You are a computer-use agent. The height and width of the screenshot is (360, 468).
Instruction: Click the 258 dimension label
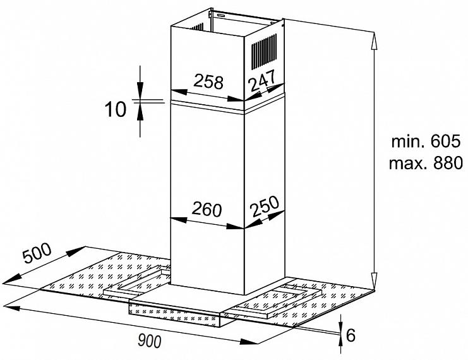(x=208, y=82)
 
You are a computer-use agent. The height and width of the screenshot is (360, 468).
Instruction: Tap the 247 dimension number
(x=263, y=80)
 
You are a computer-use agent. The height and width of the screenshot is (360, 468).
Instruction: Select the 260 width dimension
(x=207, y=209)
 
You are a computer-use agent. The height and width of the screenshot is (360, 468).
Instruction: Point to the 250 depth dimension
(x=265, y=207)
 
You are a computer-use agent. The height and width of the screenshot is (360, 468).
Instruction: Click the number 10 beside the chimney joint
(x=116, y=109)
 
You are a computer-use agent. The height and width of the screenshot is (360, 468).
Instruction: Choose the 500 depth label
(x=37, y=253)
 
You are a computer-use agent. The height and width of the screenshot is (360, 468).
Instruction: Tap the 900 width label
(x=150, y=340)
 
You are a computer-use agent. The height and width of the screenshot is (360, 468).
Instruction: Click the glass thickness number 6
(x=351, y=335)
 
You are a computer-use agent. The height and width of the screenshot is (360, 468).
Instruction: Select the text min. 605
(x=426, y=141)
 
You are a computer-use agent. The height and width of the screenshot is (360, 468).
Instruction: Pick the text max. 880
(x=426, y=164)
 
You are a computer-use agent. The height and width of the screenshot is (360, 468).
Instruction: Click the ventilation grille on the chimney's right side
(x=264, y=51)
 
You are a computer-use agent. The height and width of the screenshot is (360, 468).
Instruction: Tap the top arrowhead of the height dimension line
(x=374, y=40)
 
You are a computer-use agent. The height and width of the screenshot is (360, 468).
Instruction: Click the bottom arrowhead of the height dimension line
(x=374, y=281)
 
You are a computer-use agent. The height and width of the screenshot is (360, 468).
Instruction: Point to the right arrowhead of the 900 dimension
(x=248, y=342)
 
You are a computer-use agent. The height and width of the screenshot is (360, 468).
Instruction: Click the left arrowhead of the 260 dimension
(x=179, y=220)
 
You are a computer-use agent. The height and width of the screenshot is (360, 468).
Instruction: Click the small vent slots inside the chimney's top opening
(x=197, y=27)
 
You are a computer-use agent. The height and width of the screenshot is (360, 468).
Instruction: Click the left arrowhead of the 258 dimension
(x=179, y=92)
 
